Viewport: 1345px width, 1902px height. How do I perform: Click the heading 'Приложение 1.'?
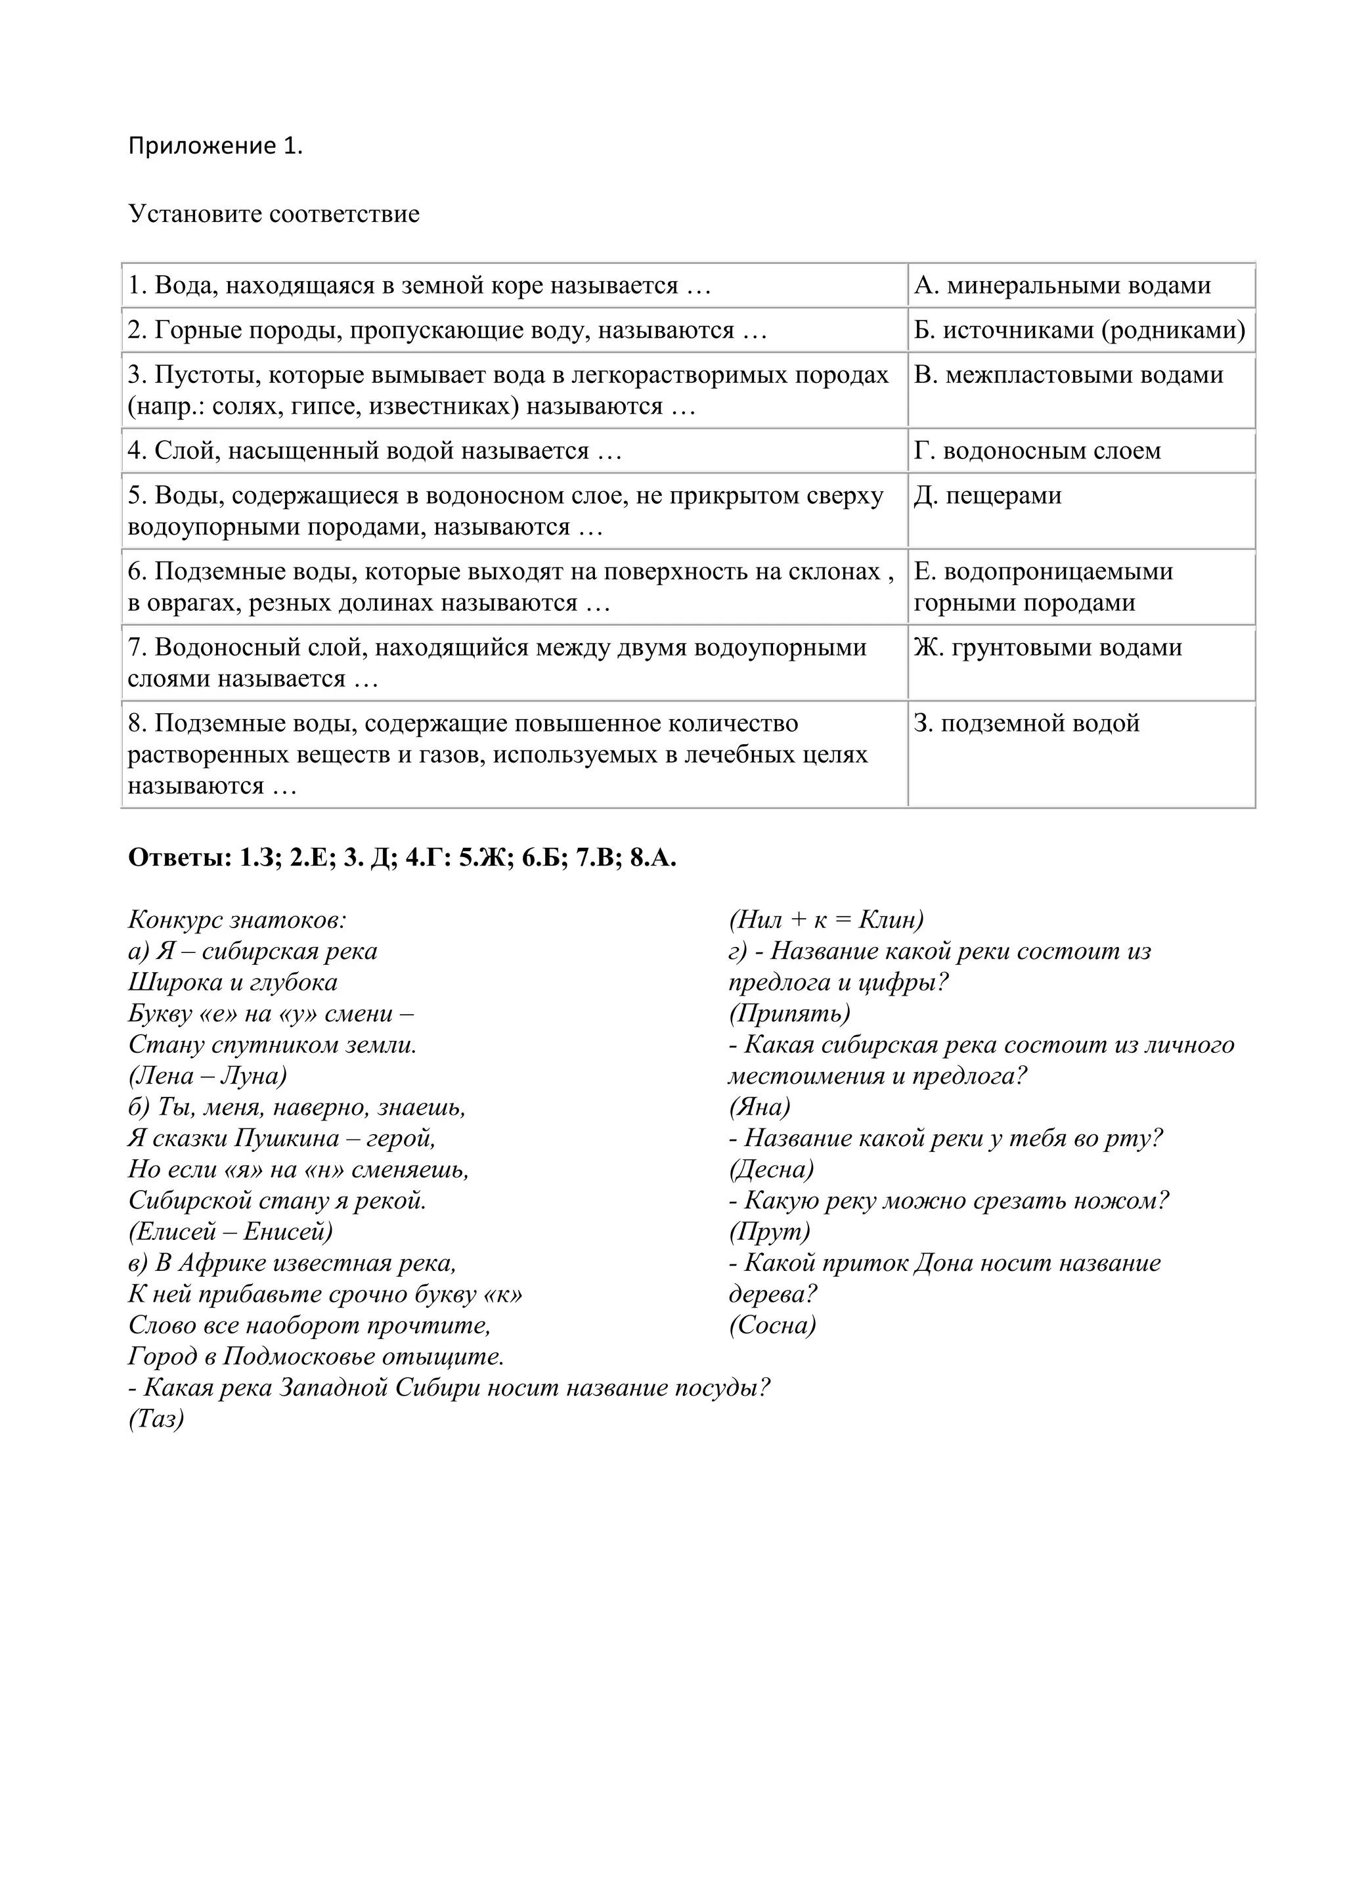click(215, 146)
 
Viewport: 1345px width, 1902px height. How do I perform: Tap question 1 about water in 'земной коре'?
click(419, 286)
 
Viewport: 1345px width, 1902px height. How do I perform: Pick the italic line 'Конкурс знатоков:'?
click(237, 919)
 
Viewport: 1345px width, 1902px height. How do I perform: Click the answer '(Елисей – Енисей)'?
click(231, 1232)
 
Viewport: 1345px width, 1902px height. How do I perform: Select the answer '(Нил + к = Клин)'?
click(826, 919)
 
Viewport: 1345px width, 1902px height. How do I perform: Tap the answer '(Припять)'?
click(789, 1013)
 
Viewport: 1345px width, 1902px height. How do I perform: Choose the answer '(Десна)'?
click(771, 1170)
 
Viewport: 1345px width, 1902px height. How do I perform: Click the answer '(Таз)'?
click(156, 1419)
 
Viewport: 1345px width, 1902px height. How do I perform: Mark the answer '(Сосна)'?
click(772, 1325)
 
